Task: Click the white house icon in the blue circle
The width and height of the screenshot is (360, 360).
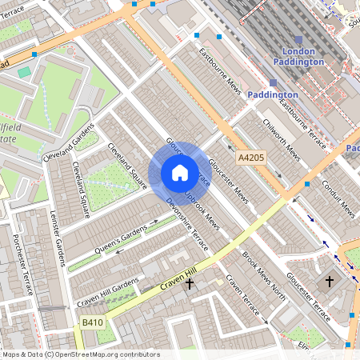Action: click(179, 173)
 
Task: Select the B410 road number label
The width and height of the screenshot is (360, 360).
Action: click(93, 322)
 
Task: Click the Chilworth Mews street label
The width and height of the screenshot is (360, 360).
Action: click(282, 142)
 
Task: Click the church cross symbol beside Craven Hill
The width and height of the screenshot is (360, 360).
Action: click(190, 283)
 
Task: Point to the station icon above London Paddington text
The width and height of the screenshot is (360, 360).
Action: click(298, 39)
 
